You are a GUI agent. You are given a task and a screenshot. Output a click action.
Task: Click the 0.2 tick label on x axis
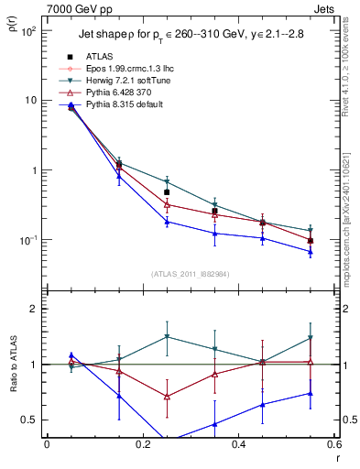(x=142, y=444)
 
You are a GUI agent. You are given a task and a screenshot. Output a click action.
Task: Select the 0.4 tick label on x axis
(x=237, y=444)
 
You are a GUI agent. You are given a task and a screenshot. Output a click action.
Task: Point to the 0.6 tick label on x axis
(x=333, y=444)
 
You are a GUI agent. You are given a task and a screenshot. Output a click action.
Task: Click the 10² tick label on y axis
(x=27, y=30)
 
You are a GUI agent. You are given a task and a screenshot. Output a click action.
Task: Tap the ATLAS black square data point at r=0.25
(x=167, y=192)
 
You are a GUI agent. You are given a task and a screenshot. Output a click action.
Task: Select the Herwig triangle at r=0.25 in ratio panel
(x=167, y=337)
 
